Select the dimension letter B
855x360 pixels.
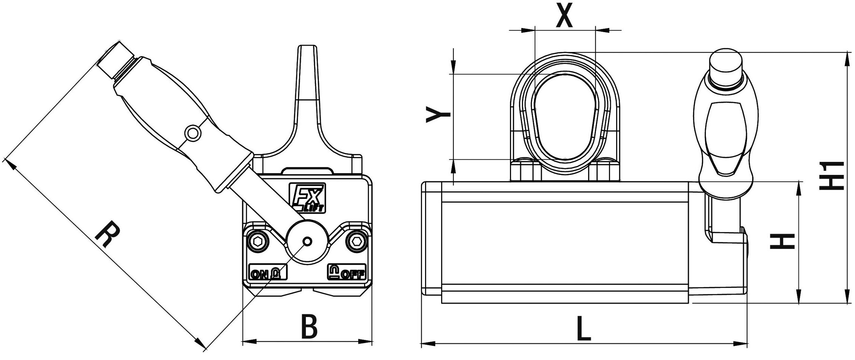click(x=309, y=326)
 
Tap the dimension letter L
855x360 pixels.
click(x=584, y=329)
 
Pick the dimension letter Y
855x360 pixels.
click(x=439, y=115)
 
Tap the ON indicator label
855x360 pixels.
click(x=267, y=273)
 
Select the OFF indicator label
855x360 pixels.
click(x=347, y=273)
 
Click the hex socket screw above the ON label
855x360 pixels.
click(x=258, y=241)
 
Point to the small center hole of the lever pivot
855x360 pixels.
click(x=307, y=241)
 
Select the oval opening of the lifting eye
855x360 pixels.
click(x=565, y=116)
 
